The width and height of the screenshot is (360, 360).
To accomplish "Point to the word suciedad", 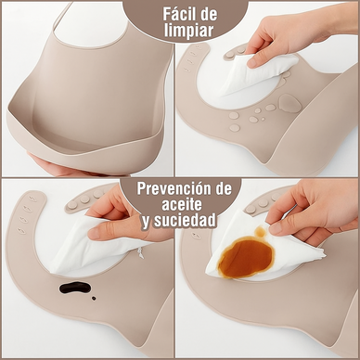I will pyautogui.click(x=190, y=222).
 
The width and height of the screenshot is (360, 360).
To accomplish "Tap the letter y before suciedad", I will pyautogui.click(x=147, y=224).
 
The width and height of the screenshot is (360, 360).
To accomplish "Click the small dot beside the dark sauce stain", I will pyautogui.click(x=95, y=299).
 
